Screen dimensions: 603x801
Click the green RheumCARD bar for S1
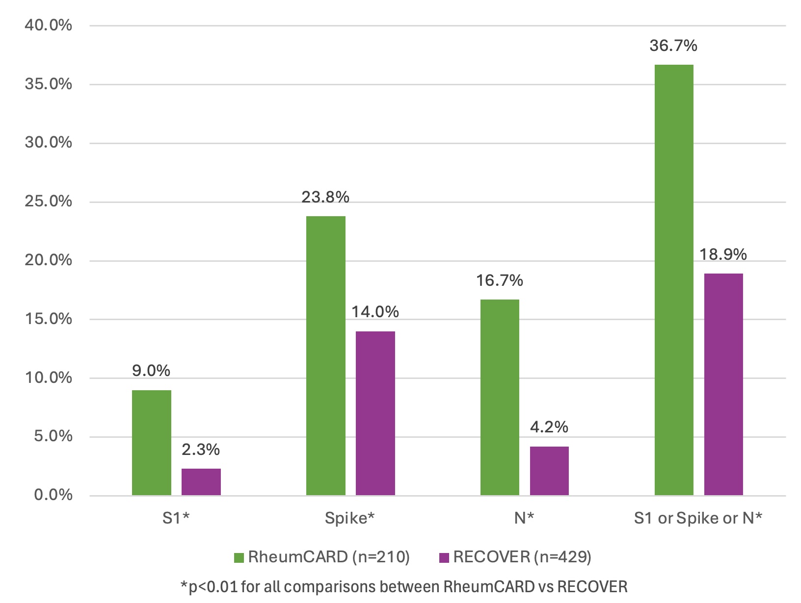point(151,443)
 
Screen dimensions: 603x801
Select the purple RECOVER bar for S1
point(201,482)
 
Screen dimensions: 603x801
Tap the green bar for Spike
point(325,355)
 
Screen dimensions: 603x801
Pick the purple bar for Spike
point(375,413)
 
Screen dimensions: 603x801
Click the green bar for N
point(500,397)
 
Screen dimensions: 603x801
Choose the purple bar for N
point(549,471)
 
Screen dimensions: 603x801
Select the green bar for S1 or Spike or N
point(674,280)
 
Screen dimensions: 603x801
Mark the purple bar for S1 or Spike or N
point(723,384)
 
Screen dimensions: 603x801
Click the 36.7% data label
point(673,46)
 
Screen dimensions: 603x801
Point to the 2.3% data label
point(201,450)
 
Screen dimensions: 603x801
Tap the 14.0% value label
point(375,312)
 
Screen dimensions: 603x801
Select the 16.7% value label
point(500,280)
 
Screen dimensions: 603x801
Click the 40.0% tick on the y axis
point(48,25)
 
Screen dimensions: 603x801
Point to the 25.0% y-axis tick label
point(48,201)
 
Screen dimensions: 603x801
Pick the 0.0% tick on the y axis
point(53,495)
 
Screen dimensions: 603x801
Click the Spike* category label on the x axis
point(349,518)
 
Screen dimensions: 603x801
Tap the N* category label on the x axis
point(524,518)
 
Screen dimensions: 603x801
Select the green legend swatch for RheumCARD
point(239,557)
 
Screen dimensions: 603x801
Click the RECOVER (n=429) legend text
point(522,557)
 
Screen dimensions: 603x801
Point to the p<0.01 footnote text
point(404,586)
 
